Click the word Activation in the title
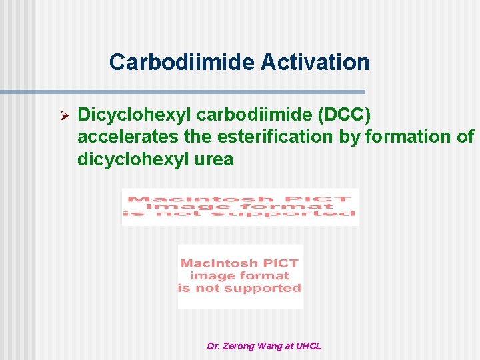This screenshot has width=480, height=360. [315, 62]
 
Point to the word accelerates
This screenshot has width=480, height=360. [127, 137]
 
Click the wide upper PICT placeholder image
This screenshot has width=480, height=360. [240, 207]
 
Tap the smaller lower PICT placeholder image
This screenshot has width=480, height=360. [240, 277]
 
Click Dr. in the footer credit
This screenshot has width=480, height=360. [213, 346]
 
